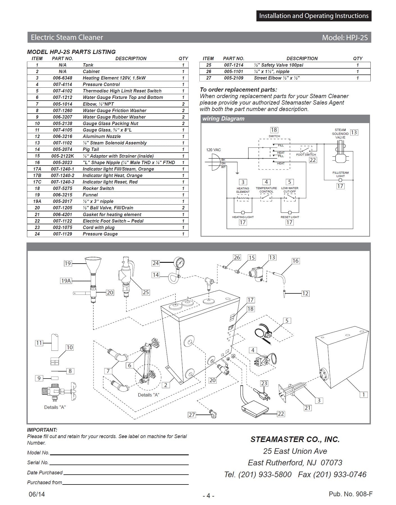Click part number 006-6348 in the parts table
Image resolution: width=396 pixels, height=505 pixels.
pos(63,78)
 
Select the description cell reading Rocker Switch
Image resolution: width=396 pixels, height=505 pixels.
pos(98,188)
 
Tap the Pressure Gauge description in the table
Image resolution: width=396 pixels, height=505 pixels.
pos(100,234)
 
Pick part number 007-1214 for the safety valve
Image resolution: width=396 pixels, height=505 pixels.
pos(234,65)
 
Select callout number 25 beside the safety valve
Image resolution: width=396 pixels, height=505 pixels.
pos(145,292)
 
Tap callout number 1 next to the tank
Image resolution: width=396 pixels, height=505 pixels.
pos(364,395)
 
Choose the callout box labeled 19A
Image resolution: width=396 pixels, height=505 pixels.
pos(66,280)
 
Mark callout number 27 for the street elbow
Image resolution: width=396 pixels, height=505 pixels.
pos(192,415)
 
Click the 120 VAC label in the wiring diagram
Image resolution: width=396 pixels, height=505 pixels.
pos(213,150)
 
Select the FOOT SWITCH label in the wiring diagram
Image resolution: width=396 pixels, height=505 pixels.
pos(306,155)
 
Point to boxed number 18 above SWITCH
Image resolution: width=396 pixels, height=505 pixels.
pos(274,130)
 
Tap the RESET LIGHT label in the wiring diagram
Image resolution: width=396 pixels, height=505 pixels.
pos(290,217)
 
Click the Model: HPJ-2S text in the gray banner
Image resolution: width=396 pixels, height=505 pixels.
pos(345,37)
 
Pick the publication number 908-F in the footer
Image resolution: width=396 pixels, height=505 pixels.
pos(351,494)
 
